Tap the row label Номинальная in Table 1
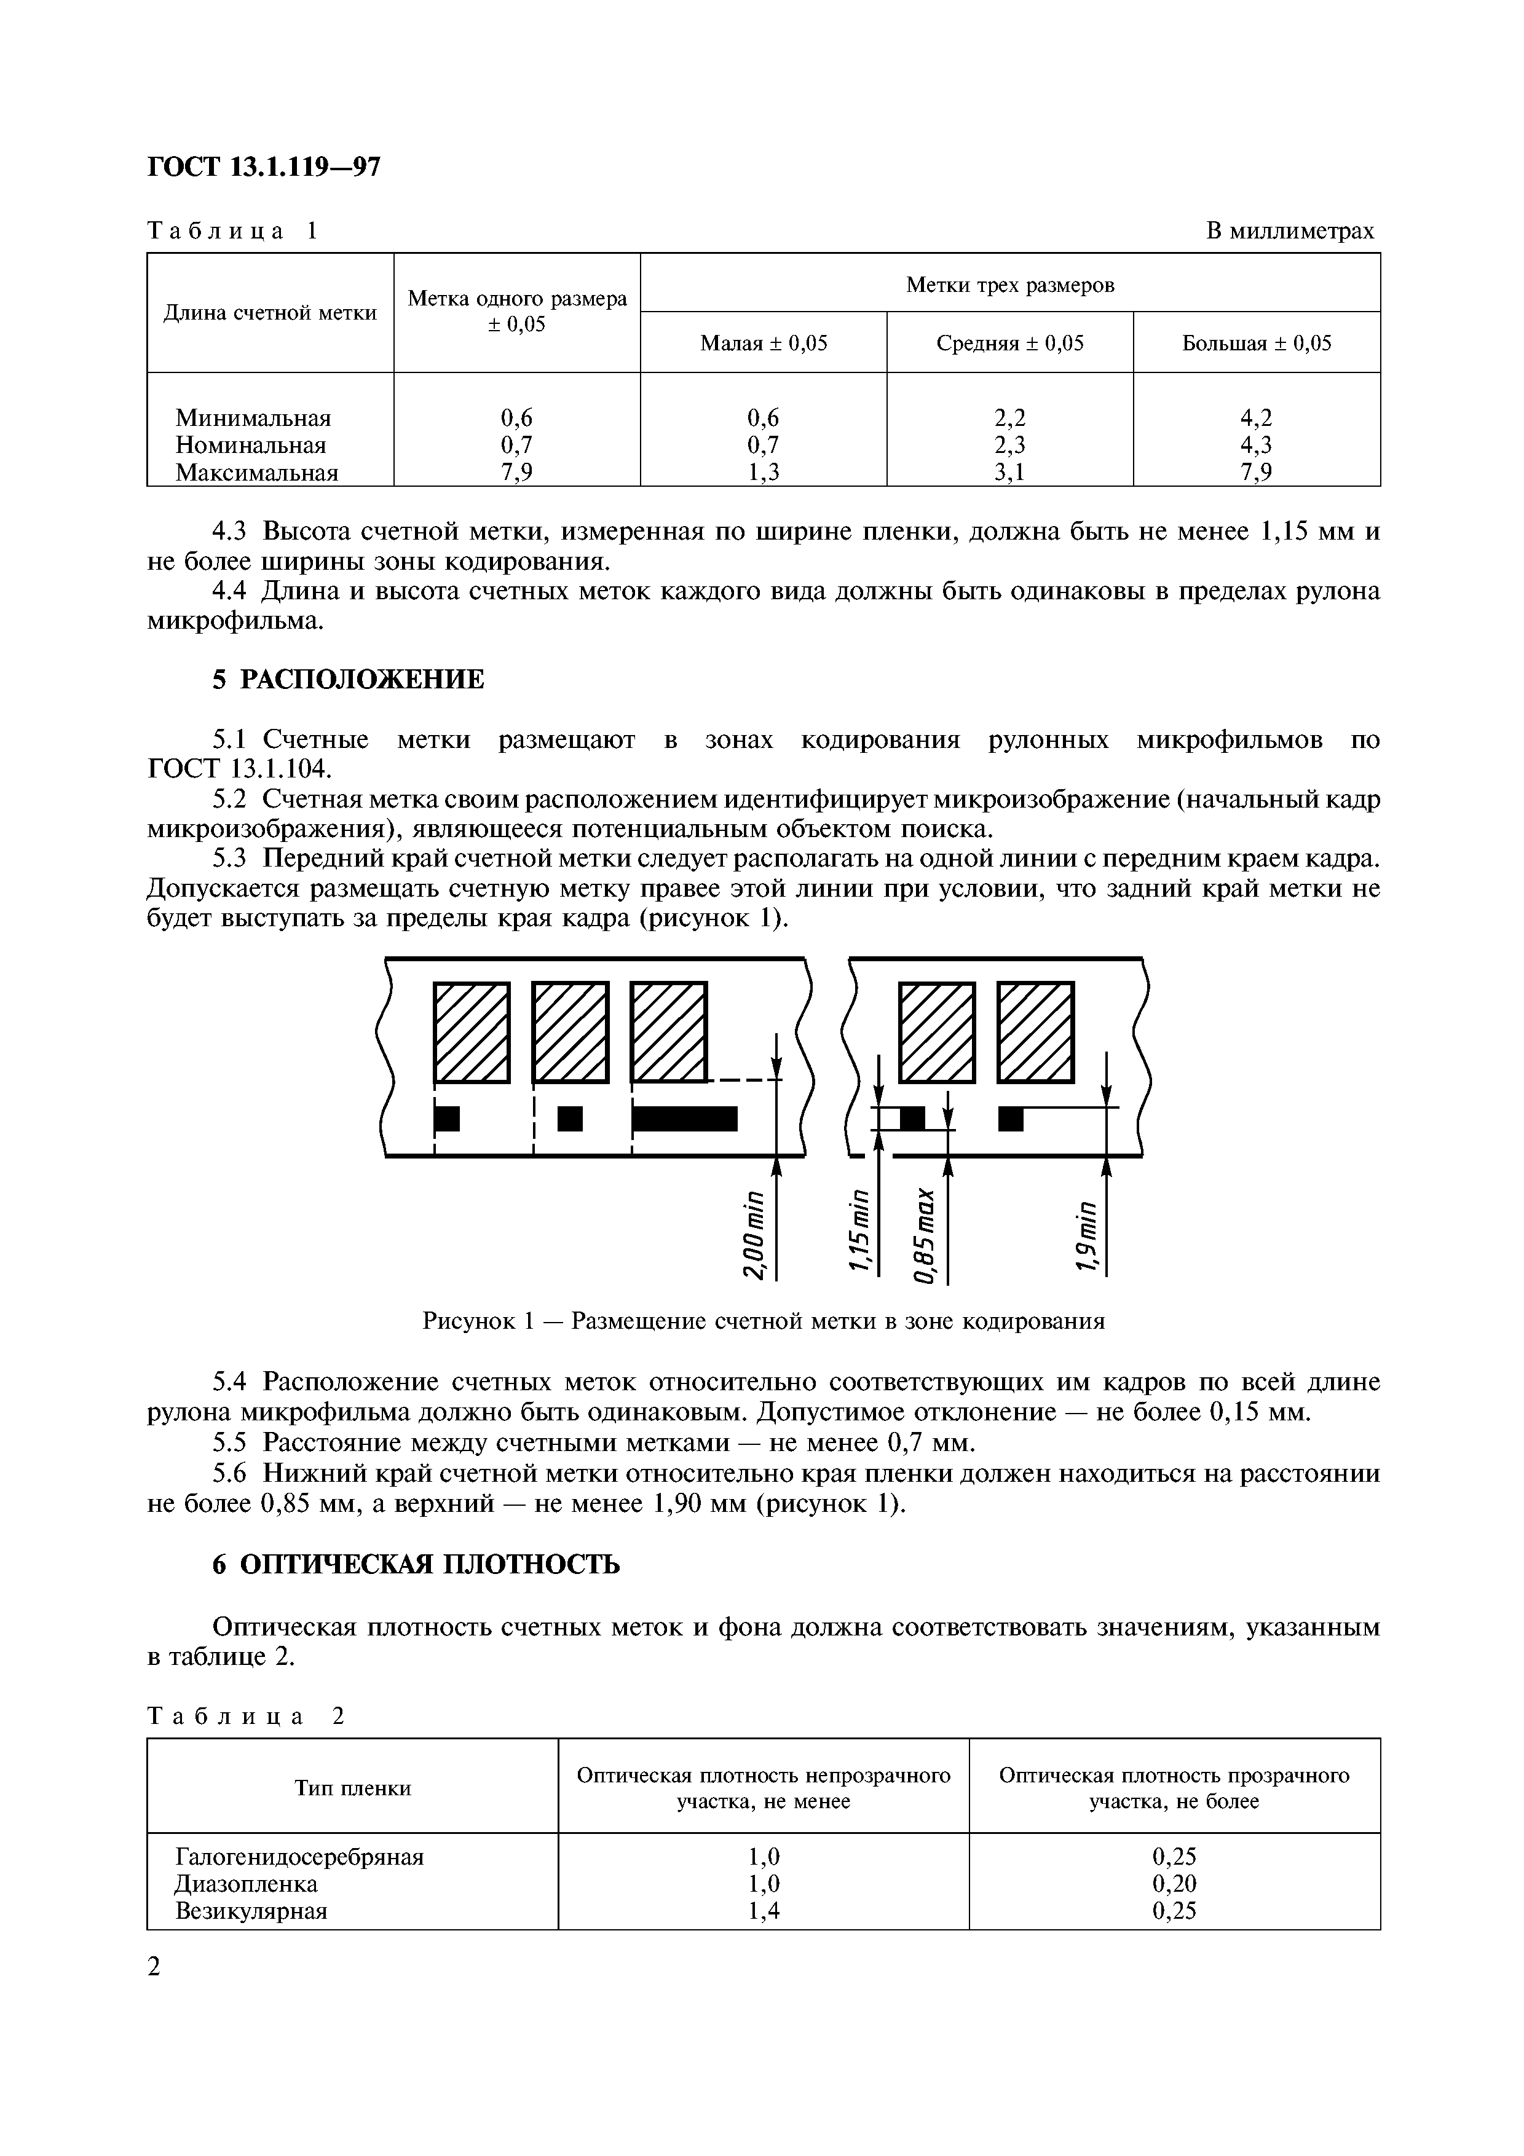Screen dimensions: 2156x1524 251,445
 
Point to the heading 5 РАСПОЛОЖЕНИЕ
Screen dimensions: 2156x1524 349,679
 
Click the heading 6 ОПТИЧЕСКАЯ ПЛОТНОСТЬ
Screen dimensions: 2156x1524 416,1564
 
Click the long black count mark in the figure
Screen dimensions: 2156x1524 684,1119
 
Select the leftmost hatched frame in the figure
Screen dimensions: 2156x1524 472,1032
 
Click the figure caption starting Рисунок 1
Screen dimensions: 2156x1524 764,1321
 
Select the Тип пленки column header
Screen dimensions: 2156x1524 353,1788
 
